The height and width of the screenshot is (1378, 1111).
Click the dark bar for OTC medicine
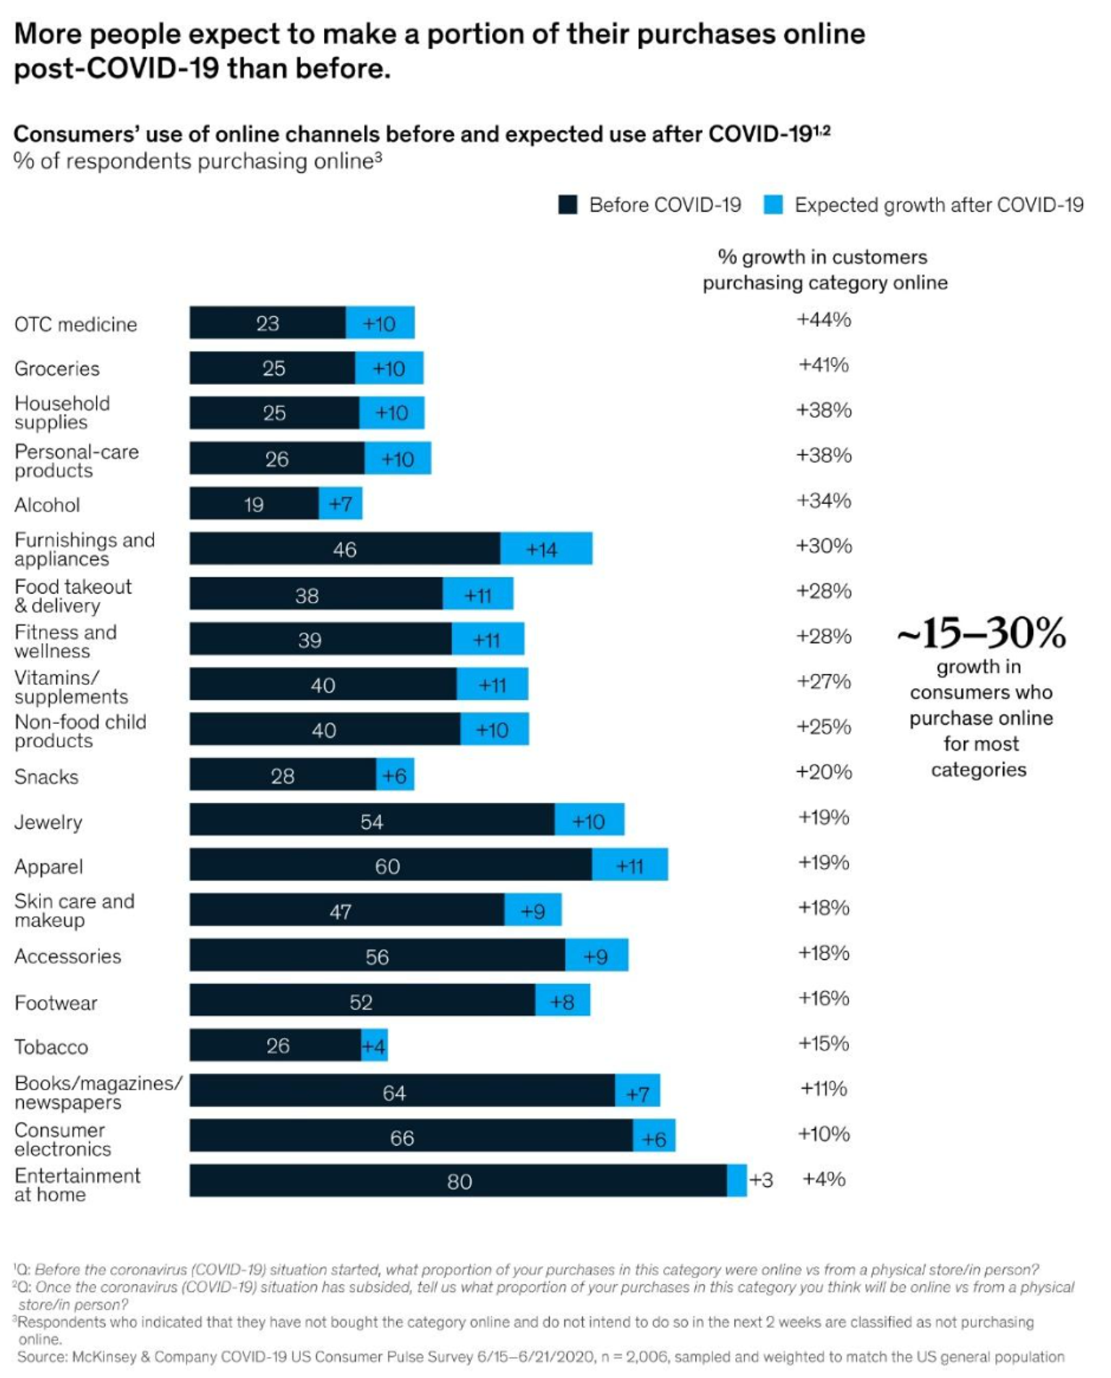click(268, 323)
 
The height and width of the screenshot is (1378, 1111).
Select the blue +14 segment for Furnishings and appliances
click(546, 548)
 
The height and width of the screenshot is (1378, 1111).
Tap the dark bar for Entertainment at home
click(458, 1181)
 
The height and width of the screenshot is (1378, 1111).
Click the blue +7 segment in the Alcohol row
click(341, 503)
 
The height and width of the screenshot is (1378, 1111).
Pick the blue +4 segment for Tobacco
click(374, 1046)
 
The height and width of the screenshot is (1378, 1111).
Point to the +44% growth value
click(823, 320)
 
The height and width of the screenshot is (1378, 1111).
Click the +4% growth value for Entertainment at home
click(823, 1179)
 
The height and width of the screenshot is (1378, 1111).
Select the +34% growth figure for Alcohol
click(823, 501)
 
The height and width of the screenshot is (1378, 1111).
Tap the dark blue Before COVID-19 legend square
click(568, 205)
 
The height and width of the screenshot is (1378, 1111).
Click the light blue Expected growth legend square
click(773, 205)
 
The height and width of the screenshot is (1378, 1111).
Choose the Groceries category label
click(57, 369)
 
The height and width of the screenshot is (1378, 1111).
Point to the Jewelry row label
click(48, 822)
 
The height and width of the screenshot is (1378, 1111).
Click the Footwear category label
click(56, 1003)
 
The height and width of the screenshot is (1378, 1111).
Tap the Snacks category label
click(46, 777)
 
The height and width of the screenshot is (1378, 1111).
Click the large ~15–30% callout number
click(981, 633)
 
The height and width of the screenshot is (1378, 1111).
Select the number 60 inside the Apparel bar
click(387, 866)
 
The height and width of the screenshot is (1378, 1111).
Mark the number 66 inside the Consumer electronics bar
click(401, 1138)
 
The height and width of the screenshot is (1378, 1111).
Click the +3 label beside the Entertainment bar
click(761, 1181)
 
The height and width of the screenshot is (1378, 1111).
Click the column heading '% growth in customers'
click(822, 258)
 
